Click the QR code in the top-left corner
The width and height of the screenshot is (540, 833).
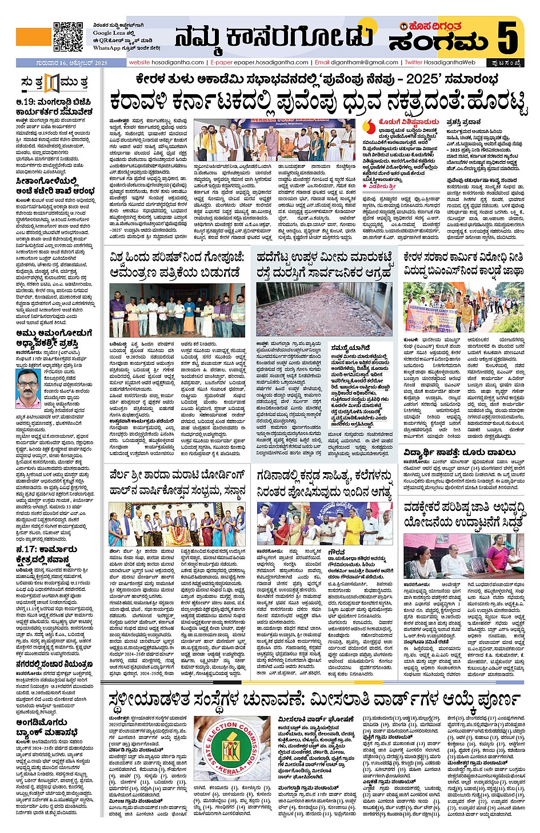coord(68,37)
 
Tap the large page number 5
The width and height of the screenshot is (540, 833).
coord(507,38)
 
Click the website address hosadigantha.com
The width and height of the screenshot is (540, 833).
coord(166,62)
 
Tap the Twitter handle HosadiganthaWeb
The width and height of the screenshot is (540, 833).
coord(440,62)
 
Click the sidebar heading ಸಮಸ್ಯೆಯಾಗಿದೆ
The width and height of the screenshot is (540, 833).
coord(347,347)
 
